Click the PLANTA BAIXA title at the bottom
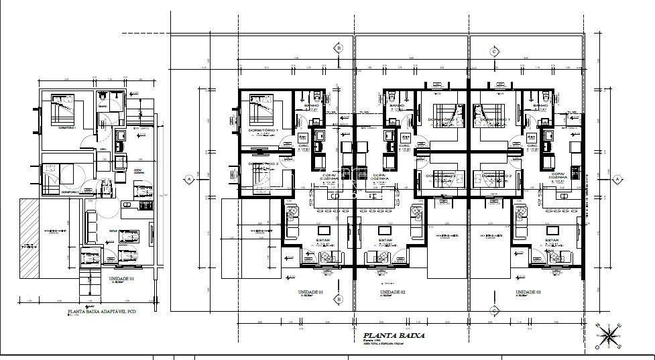(394, 336)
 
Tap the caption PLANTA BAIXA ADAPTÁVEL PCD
(101, 312)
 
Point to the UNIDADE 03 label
(529, 293)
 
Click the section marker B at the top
(339, 48)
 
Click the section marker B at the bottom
(339, 298)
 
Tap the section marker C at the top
(494, 52)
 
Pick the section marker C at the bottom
(494, 310)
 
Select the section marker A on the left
(189, 179)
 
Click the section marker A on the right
(616, 179)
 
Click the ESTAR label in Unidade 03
(552, 239)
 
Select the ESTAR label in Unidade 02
(385, 239)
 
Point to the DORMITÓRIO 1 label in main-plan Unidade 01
(263, 129)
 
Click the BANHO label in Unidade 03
(540, 107)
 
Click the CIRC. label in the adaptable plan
(104, 149)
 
